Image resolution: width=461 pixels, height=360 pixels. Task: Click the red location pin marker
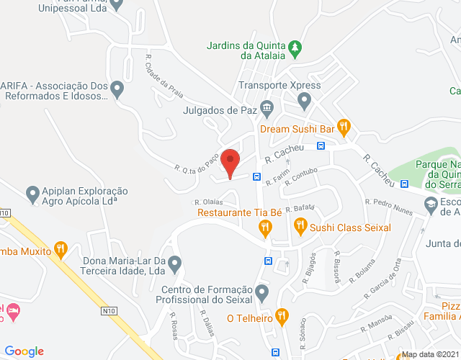click(230, 161)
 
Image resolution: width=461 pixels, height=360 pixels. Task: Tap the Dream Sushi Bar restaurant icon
click(344, 129)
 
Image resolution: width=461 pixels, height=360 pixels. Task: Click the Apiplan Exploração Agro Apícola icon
click(32, 194)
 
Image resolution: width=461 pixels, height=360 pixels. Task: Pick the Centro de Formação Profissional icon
click(263, 292)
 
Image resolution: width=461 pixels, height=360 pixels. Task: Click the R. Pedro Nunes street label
click(389, 207)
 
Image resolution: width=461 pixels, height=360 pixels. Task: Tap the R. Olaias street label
click(208, 202)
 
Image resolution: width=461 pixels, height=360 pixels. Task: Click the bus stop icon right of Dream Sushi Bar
click(321, 145)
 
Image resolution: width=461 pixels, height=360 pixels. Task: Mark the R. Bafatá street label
click(300, 208)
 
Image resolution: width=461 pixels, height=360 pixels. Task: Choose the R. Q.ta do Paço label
click(196, 158)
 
